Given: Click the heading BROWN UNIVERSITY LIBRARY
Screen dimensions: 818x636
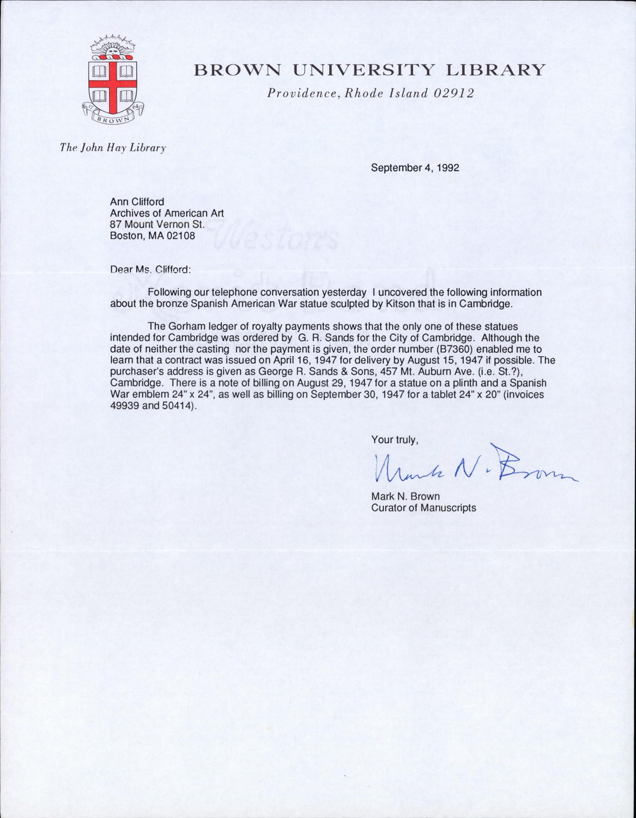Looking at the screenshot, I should click(370, 70).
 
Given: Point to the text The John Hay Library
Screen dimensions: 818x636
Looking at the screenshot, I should click(113, 147).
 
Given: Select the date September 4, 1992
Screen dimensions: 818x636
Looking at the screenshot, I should click(415, 168).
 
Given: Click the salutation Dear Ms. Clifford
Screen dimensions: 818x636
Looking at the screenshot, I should click(150, 269).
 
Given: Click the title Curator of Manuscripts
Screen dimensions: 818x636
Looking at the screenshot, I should click(423, 508).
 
